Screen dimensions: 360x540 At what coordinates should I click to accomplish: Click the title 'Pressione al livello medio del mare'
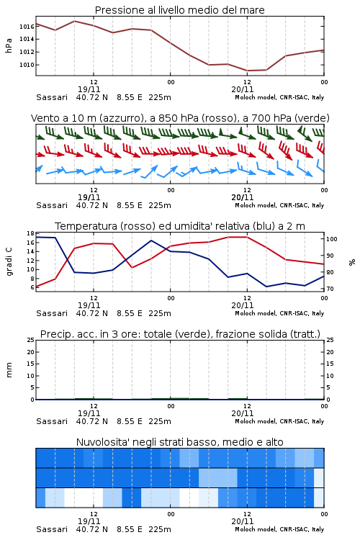point(179,10)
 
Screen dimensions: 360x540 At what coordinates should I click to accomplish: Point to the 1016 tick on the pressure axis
point(27,27)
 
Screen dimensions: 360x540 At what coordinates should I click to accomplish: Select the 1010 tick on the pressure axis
point(27,65)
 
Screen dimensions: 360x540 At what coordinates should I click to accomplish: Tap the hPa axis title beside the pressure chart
point(9,45)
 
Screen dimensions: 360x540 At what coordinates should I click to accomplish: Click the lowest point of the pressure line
point(247,71)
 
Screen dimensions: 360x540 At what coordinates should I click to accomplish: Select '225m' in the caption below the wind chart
point(160,205)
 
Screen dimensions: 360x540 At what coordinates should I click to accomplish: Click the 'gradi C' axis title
point(9,262)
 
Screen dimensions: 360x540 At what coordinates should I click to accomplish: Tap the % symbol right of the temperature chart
point(352,262)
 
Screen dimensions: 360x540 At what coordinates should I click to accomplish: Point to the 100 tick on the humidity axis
point(332,239)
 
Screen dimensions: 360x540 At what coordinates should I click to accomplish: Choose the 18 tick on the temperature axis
point(30,233)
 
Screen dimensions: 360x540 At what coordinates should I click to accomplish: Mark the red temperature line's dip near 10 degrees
point(132,268)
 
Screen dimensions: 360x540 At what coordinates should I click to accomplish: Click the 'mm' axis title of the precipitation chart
point(9,370)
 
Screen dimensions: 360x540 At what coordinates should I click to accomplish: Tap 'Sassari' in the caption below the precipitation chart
point(52,421)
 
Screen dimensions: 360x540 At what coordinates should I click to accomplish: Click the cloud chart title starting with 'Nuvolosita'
point(179,442)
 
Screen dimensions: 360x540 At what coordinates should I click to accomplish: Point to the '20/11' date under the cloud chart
point(243,521)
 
